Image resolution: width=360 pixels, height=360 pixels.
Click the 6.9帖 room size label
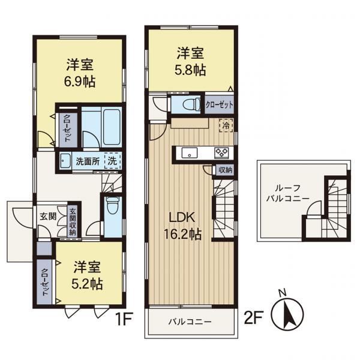coord(79,82)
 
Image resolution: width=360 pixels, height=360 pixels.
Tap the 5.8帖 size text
coord(190,70)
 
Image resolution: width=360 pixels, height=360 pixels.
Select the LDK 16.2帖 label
coord(182,226)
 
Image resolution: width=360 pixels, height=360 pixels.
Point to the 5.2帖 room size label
coord(87,284)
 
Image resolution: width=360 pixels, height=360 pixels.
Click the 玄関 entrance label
coord(48,216)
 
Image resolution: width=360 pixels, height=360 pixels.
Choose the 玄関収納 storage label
coord(73,221)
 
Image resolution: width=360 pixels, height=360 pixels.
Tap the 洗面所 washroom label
coord(88,161)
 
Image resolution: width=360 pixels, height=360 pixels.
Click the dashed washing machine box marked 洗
coord(113,161)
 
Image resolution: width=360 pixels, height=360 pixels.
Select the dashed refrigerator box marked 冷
coord(226,125)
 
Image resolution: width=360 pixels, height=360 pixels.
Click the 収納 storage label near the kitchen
coord(225,170)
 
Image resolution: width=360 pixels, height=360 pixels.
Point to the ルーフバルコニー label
coord(287,193)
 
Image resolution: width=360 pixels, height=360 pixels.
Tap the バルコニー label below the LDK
coord(190,322)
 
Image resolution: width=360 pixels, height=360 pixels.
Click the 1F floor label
coord(124,319)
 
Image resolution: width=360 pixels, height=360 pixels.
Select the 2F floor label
coord(253,317)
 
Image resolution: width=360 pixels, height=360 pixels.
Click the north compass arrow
coord(287,314)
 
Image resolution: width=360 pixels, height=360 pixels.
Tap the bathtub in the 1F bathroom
coord(112,127)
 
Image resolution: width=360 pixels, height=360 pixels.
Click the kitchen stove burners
coord(221,152)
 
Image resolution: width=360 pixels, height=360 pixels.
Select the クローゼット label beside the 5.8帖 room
coord(219,105)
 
